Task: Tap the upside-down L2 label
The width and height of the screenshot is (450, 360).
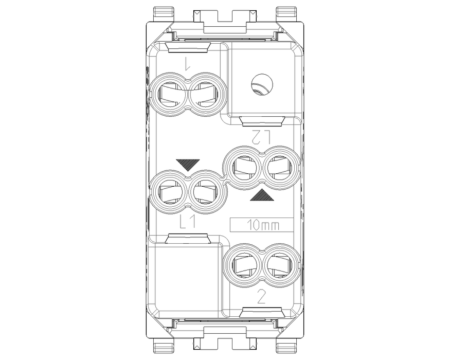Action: pos(261,137)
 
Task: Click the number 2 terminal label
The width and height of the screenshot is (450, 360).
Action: pos(261,297)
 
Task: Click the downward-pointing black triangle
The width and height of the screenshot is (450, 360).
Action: pos(188,165)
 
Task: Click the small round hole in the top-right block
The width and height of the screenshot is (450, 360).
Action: pos(262,84)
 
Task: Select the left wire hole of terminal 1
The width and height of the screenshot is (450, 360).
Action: pos(170,94)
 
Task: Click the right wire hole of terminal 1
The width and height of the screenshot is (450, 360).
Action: pos(204,94)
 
